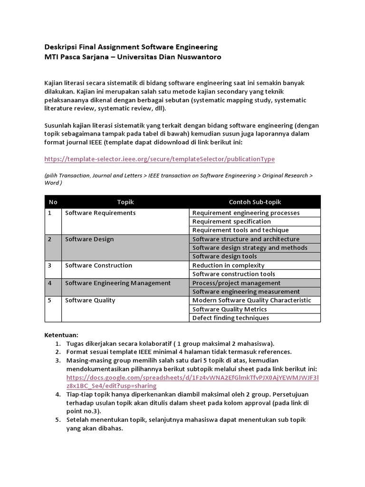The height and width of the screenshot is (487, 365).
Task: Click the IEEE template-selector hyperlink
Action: (159, 159)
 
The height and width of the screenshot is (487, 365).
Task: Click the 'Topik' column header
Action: (125, 202)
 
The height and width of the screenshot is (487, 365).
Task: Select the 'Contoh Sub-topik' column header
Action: (255, 202)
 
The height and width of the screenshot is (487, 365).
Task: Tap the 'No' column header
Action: (53, 202)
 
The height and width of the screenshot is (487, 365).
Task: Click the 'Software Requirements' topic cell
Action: (100, 213)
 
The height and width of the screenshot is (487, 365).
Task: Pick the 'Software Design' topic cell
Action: (89, 239)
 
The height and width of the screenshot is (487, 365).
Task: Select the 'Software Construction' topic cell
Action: (98, 265)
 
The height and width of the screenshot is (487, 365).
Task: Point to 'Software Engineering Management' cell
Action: (118, 283)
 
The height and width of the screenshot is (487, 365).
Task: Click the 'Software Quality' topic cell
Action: (90, 301)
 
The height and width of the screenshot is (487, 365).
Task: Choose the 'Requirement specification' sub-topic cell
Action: (231, 222)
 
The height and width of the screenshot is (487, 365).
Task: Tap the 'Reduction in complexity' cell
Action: (228, 265)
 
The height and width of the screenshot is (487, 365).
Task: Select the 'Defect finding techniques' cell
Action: (231, 318)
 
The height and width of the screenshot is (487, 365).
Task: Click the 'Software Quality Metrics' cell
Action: (230, 309)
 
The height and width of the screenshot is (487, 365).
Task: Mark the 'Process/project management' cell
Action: (236, 283)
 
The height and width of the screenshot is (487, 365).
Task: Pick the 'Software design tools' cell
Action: (224, 256)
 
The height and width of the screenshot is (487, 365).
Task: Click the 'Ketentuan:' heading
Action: (61, 335)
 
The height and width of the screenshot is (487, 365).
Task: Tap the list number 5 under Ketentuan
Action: (58, 420)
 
